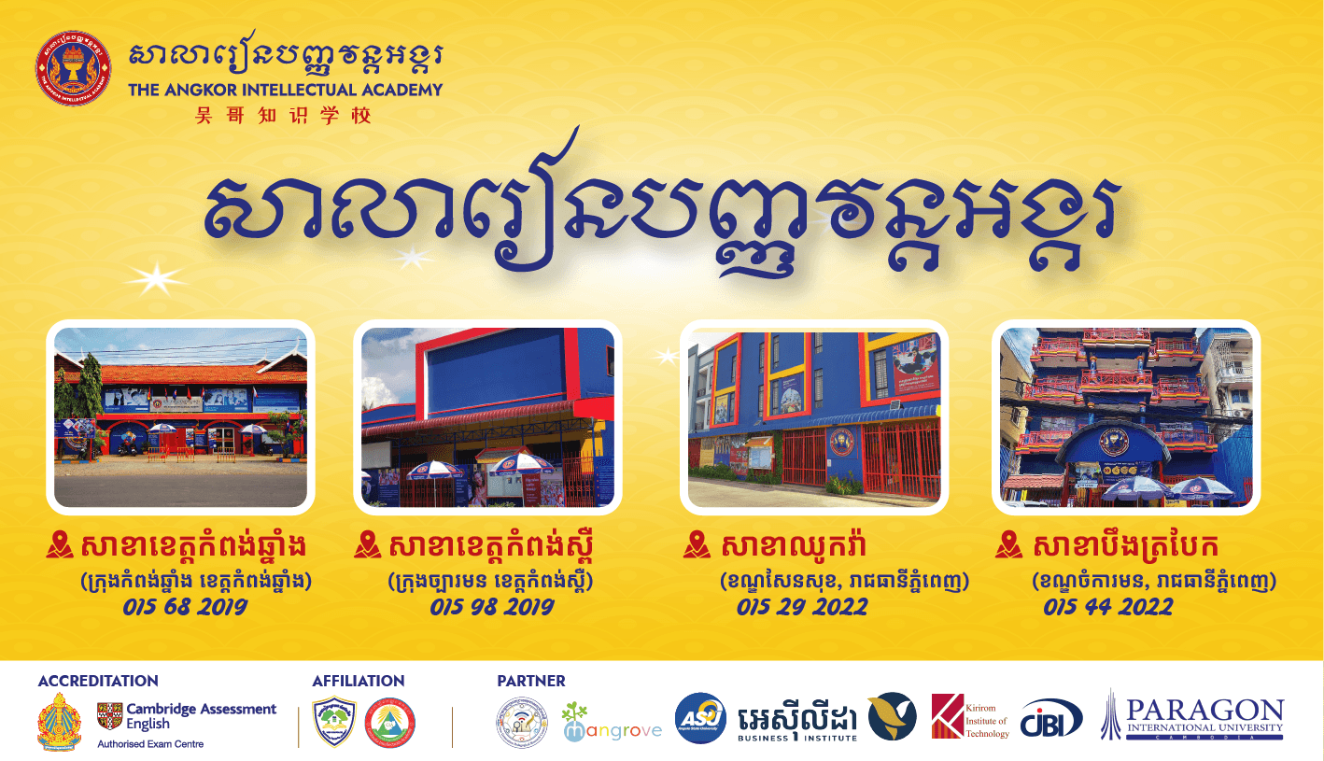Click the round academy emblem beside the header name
pos(73,68)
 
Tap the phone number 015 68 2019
pos(185,607)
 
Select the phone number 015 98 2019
pos(492,607)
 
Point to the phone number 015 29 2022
pos(801,607)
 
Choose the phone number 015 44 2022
pos(1108,607)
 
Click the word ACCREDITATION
pos(98,682)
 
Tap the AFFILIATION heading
pos(359,682)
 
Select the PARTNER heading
pos(531,682)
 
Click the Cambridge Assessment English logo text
pos(201,716)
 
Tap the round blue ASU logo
pos(700,718)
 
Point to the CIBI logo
pos(1051,718)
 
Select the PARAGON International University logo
pos(1192,716)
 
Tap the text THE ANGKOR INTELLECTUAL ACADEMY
pos(286,91)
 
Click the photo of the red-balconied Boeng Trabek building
pos(1126,416)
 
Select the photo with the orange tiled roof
pos(180,416)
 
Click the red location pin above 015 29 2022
pos(697,544)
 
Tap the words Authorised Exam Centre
pos(150,744)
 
